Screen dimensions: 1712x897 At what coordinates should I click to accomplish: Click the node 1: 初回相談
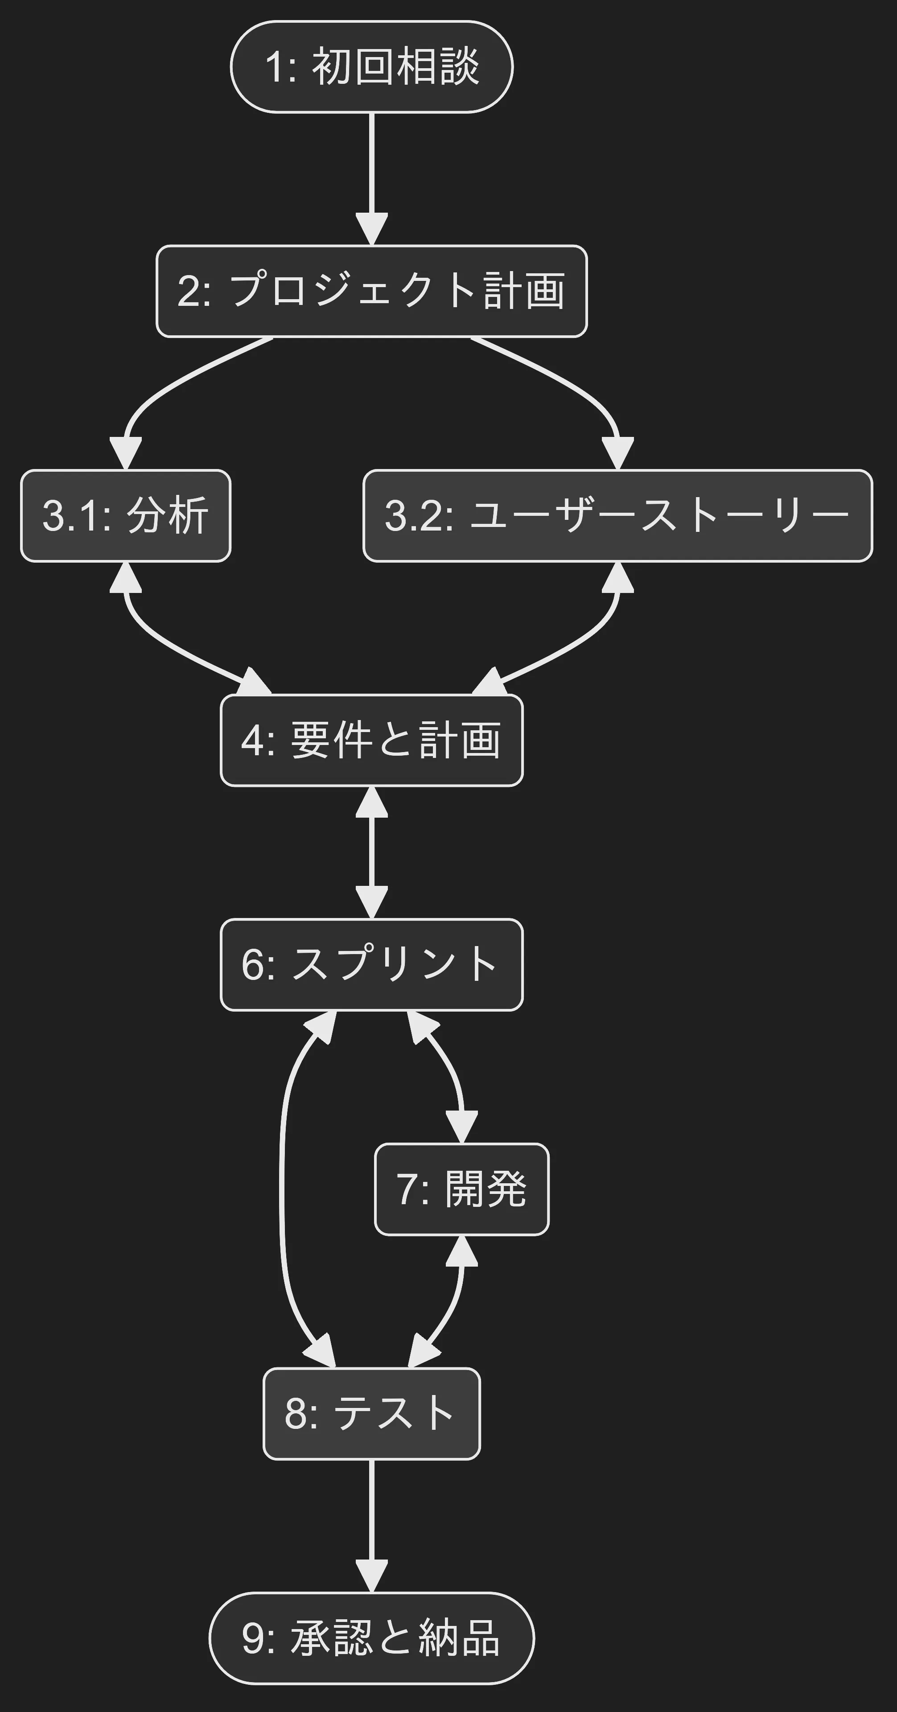(x=371, y=66)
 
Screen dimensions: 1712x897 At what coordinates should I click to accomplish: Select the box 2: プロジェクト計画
(x=371, y=291)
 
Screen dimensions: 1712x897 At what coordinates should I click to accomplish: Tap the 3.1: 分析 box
(x=126, y=516)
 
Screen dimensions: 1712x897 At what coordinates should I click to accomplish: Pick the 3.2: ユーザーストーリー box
(x=617, y=516)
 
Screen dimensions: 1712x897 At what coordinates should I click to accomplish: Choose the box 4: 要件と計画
(x=371, y=741)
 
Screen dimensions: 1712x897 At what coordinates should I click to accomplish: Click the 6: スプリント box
(x=371, y=964)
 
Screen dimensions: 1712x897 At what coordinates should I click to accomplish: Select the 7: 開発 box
(x=462, y=1189)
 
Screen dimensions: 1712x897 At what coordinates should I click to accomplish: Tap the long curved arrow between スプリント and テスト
(x=282, y=1189)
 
